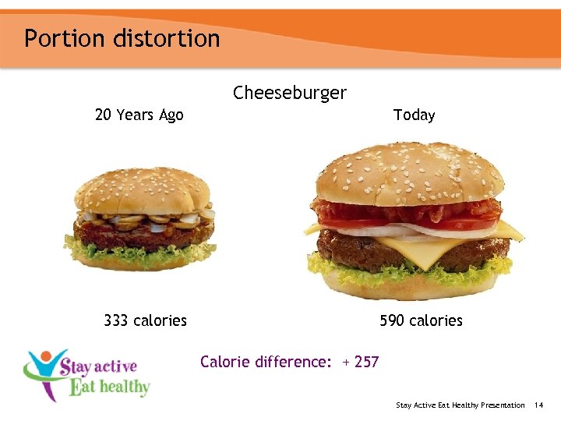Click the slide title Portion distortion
[x=122, y=38]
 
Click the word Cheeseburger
[x=289, y=94]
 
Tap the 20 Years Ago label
[x=139, y=115]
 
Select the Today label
[x=414, y=115]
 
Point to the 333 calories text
[x=145, y=320]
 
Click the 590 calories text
[x=421, y=320]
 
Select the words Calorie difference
[x=265, y=362]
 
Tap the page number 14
[x=539, y=405]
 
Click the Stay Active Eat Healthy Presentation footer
[x=460, y=405]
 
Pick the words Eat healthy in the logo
[x=109, y=387]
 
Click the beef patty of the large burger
[x=366, y=248]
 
